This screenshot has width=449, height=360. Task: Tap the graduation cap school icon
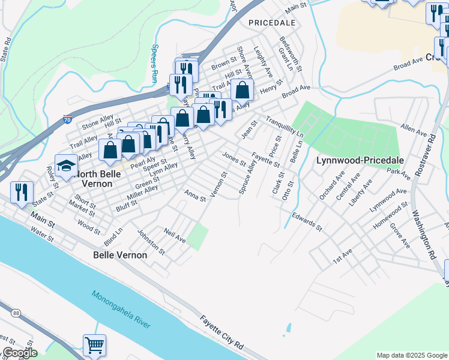tap(66, 166)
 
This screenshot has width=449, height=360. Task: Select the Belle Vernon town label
tap(120, 255)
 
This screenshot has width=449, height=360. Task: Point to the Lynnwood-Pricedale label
tap(360, 160)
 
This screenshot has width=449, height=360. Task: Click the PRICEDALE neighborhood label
tap(271, 22)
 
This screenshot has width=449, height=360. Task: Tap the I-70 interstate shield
tap(68, 119)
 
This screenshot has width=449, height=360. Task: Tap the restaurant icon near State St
tap(22, 192)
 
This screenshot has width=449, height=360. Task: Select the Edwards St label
tap(307, 221)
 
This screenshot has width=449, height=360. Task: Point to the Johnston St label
tap(150, 239)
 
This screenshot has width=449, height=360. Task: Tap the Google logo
tap(19, 353)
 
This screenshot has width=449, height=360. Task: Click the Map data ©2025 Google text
tap(411, 355)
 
